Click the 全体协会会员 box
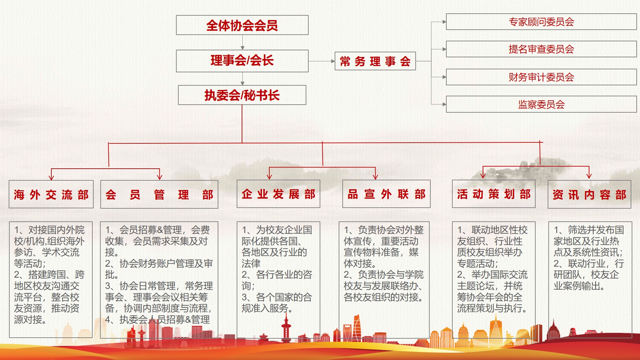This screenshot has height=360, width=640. click(242, 25)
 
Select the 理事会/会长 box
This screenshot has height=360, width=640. click(242, 61)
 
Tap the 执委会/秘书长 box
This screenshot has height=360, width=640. click(242, 95)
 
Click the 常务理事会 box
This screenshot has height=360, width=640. click(375, 61)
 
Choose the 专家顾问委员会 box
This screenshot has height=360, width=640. click(541, 22)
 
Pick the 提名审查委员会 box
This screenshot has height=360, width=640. click(541, 49)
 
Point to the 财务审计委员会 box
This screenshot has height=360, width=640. click(541, 77)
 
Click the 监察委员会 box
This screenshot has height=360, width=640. click(541, 104)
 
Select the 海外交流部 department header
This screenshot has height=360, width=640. click(51, 194)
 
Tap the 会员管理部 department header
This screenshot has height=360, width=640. click(159, 194)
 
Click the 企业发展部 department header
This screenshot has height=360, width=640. click(278, 194)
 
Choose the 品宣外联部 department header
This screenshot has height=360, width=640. click(386, 194)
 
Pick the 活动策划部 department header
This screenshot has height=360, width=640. click(494, 194)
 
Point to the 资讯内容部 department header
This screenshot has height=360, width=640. click(589, 194)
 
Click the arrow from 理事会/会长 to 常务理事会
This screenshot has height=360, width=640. click(322, 61)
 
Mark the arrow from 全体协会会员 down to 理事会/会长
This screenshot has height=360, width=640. click(242, 42)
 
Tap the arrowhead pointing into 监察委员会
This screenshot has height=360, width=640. click(444, 104)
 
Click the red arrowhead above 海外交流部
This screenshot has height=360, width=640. click(51, 177)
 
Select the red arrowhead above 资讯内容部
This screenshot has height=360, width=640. click(589, 175)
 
